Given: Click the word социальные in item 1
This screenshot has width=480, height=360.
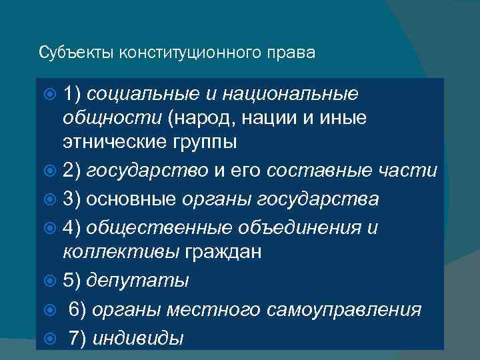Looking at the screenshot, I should pyautogui.click(x=142, y=94).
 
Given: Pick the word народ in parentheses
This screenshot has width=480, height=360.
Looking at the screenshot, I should pyautogui.click(x=202, y=118).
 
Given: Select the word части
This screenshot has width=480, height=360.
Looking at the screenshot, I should pyautogui.click(x=411, y=171).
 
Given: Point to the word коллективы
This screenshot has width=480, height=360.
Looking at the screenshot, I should pyautogui.click(x=113, y=252).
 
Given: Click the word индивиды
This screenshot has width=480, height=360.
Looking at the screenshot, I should pyautogui.click(x=137, y=337).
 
